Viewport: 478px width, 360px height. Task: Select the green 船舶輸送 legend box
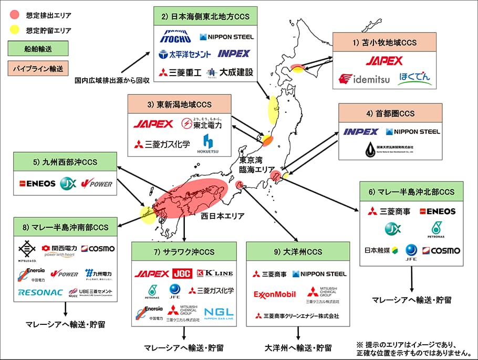38,49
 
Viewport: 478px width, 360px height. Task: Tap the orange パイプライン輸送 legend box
38,68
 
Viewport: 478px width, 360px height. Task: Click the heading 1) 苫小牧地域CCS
385,41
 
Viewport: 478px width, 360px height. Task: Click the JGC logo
182,273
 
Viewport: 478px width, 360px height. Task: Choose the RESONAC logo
40,292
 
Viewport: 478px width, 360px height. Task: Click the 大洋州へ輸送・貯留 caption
298,347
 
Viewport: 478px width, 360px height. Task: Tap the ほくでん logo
415,79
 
